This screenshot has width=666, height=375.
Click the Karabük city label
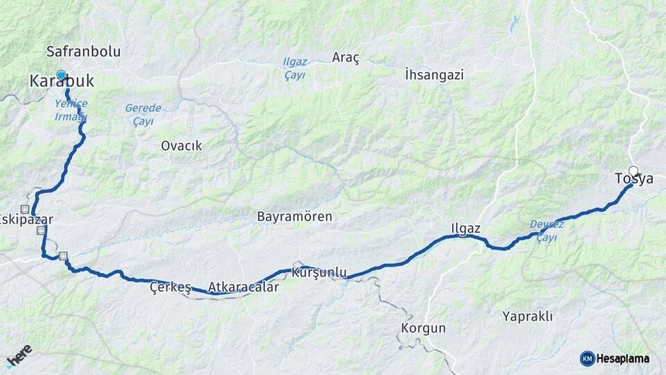[x=62, y=82]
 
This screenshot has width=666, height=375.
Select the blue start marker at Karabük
[x=61, y=75]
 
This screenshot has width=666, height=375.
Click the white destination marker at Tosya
[x=633, y=171]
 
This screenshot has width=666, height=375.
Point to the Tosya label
[x=634, y=179]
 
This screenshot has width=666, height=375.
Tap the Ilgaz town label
[x=466, y=228]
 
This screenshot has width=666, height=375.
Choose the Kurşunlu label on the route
[x=319, y=273]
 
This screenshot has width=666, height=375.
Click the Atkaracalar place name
[x=243, y=287]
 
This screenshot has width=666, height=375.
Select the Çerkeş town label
[x=170, y=288]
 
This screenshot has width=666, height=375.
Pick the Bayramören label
[x=294, y=217]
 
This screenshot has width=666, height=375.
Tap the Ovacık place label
[x=181, y=146]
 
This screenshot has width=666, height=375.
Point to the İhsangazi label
[x=434, y=74]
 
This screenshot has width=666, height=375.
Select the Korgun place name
[x=423, y=328]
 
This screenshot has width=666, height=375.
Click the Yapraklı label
[x=527, y=317]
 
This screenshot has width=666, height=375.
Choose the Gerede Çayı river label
[x=144, y=115]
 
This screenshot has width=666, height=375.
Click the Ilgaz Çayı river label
[x=295, y=68]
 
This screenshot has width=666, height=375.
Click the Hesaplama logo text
[x=622, y=358]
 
